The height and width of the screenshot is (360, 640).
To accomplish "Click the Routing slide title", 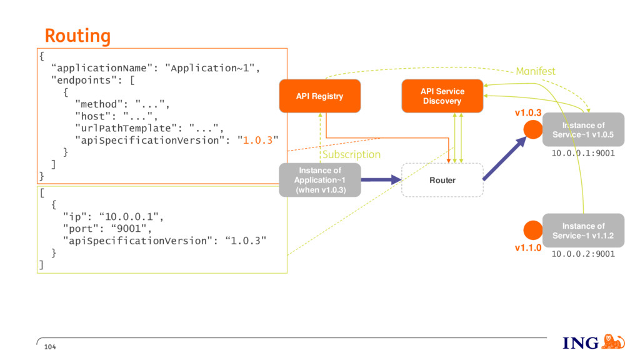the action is (x=77, y=36).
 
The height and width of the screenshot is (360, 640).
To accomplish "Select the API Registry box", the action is (x=319, y=96).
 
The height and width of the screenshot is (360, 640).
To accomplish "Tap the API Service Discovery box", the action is (x=442, y=96).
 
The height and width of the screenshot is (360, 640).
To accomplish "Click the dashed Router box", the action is (x=442, y=180).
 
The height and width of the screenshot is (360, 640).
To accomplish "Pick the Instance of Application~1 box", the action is (x=320, y=180).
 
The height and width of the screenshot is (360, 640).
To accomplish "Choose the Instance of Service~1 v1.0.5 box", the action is (x=583, y=129).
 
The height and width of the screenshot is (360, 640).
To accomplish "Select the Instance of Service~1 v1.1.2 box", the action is (x=583, y=230).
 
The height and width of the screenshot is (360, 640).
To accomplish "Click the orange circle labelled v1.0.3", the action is (x=533, y=129).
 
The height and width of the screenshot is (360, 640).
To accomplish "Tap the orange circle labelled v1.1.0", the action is (x=533, y=230).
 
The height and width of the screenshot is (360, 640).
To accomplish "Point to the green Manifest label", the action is (x=536, y=71).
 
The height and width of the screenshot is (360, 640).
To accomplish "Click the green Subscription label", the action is (x=351, y=155).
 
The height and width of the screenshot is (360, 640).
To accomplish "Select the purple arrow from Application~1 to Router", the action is (x=381, y=179).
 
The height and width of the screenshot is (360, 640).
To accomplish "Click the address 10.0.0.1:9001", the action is (x=583, y=153).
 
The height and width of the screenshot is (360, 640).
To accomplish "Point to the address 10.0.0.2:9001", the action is (x=583, y=254).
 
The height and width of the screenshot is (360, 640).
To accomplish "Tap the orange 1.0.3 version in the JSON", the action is (x=257, y=141).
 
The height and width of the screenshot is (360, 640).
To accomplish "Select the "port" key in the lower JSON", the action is (x=76, y=229).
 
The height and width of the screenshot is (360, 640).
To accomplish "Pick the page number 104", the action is (x=50, y=347).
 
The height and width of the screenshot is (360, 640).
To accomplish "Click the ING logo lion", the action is (x=612, y=342).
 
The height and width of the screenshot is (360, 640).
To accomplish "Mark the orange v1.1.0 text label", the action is (x=527, y=247).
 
